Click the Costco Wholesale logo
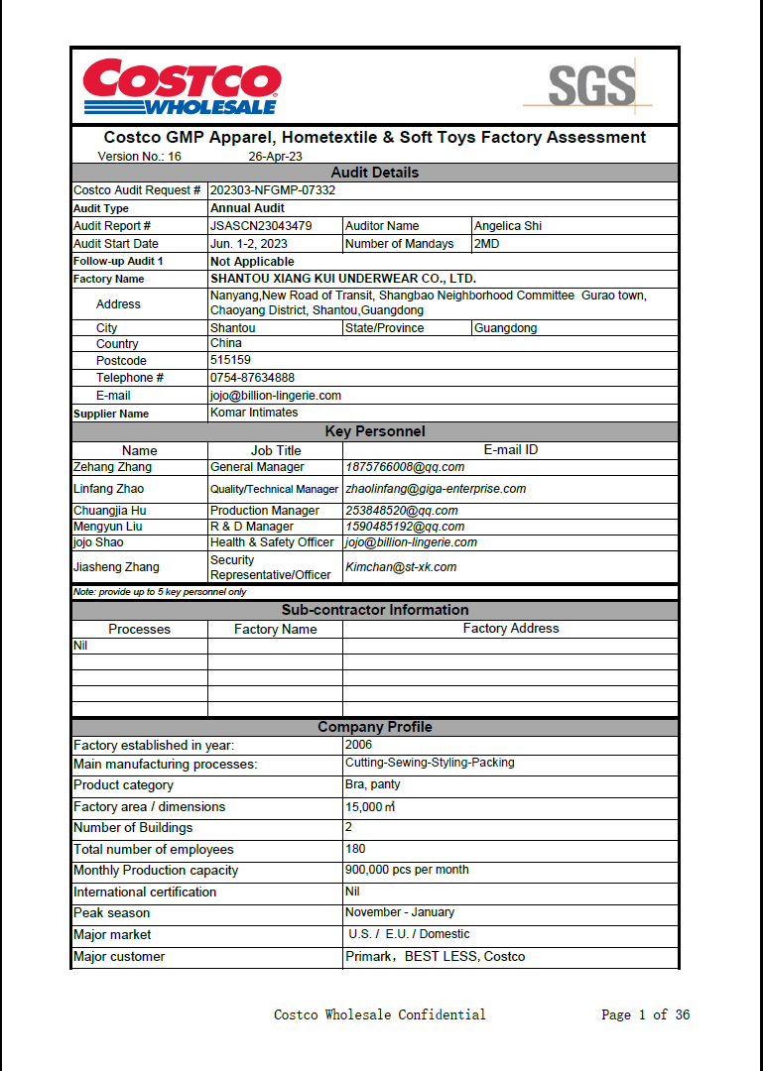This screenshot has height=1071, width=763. pyautogui.click(x=182, y=87)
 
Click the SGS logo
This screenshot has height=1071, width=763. pyautogui.click(x=591, y=86)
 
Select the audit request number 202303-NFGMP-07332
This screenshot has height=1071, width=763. pyautogui.click(x=273, y=190)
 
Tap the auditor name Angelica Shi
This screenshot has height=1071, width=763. pyautogui.click(x=508, y=226)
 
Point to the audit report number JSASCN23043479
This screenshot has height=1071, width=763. pyautogui.click(x=261, y=226)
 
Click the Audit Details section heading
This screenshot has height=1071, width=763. pyautogui.click(x=374, y=173)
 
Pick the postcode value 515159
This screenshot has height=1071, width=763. pyautogui.click(x=230, y=361)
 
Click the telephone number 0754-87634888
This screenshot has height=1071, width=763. pyautogui.click(x=252, y=378)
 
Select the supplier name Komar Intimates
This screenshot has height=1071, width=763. pyautogui.click(x=254, y=413)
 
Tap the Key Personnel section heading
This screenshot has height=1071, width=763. pyautogui.click(x=374, y=431)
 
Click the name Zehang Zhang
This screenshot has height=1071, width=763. pyautogui.click(x=113, y=467)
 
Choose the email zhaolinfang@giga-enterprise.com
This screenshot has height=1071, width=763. pyautogui.click(x=436, y=489)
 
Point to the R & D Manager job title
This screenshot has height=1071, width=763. pyautogui.click(x=252, y=527)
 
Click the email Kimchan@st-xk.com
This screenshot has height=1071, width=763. pyautogui.click(x=401, y=567)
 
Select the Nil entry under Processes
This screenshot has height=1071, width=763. pyautogui.click(x=81, y=646)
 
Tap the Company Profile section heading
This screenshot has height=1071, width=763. pyautogui.click(x=374, y=727)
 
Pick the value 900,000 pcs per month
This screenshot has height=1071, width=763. pyautogui.click(x=407, y=870)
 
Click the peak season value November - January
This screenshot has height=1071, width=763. pyautogui.click(x=399, y=912)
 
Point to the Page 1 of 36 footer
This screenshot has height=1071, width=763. pyautogui.click(x=645, y=1014)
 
